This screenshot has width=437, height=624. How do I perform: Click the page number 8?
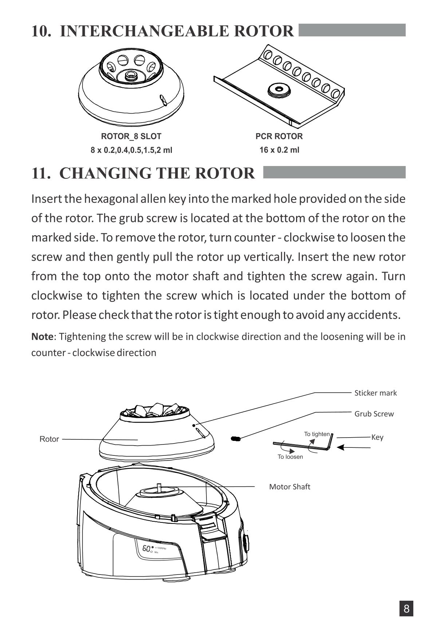pyautogui.click(x=406, y=608)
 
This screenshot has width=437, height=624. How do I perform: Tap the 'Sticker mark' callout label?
pyautogui.click(x=375, y=393)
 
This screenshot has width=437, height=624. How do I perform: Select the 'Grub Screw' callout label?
pyautogui.click(x=374, y=414)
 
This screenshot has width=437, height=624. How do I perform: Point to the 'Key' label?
pyautogui.click(x=377, y=437)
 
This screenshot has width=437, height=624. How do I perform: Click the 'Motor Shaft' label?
pyautogui.click(x=290, y=487)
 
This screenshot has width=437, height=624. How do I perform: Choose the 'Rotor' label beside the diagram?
pyautogui.click(x=49, y=439)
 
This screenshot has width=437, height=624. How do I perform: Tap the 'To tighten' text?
pyautogui.click(x=317, y=434)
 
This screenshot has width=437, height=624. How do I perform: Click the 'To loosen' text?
pyautogui.click(x=290, y=457)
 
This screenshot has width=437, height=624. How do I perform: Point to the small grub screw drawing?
pyautogui.click(x=236, y=438)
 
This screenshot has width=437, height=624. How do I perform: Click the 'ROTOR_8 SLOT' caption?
pyautogui.click(x=131, y=137)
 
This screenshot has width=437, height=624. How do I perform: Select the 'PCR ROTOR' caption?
pyautogui.click(x=279, y=137)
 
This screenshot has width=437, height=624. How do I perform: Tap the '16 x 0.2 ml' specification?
pyautogui.click(x=279, y=150)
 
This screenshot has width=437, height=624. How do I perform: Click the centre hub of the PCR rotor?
pyautogui.click(x=279, y=89)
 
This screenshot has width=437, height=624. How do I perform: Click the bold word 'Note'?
pyautogui.click(x=42, y=336)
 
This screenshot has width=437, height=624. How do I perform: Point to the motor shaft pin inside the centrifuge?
pyautogui.click(x=159, y=487)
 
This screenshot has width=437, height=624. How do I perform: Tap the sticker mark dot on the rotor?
pyautogui.click(x=194, y=425)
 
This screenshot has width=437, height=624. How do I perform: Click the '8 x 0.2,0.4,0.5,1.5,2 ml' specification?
pyautogui.click(x=131, y=150)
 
